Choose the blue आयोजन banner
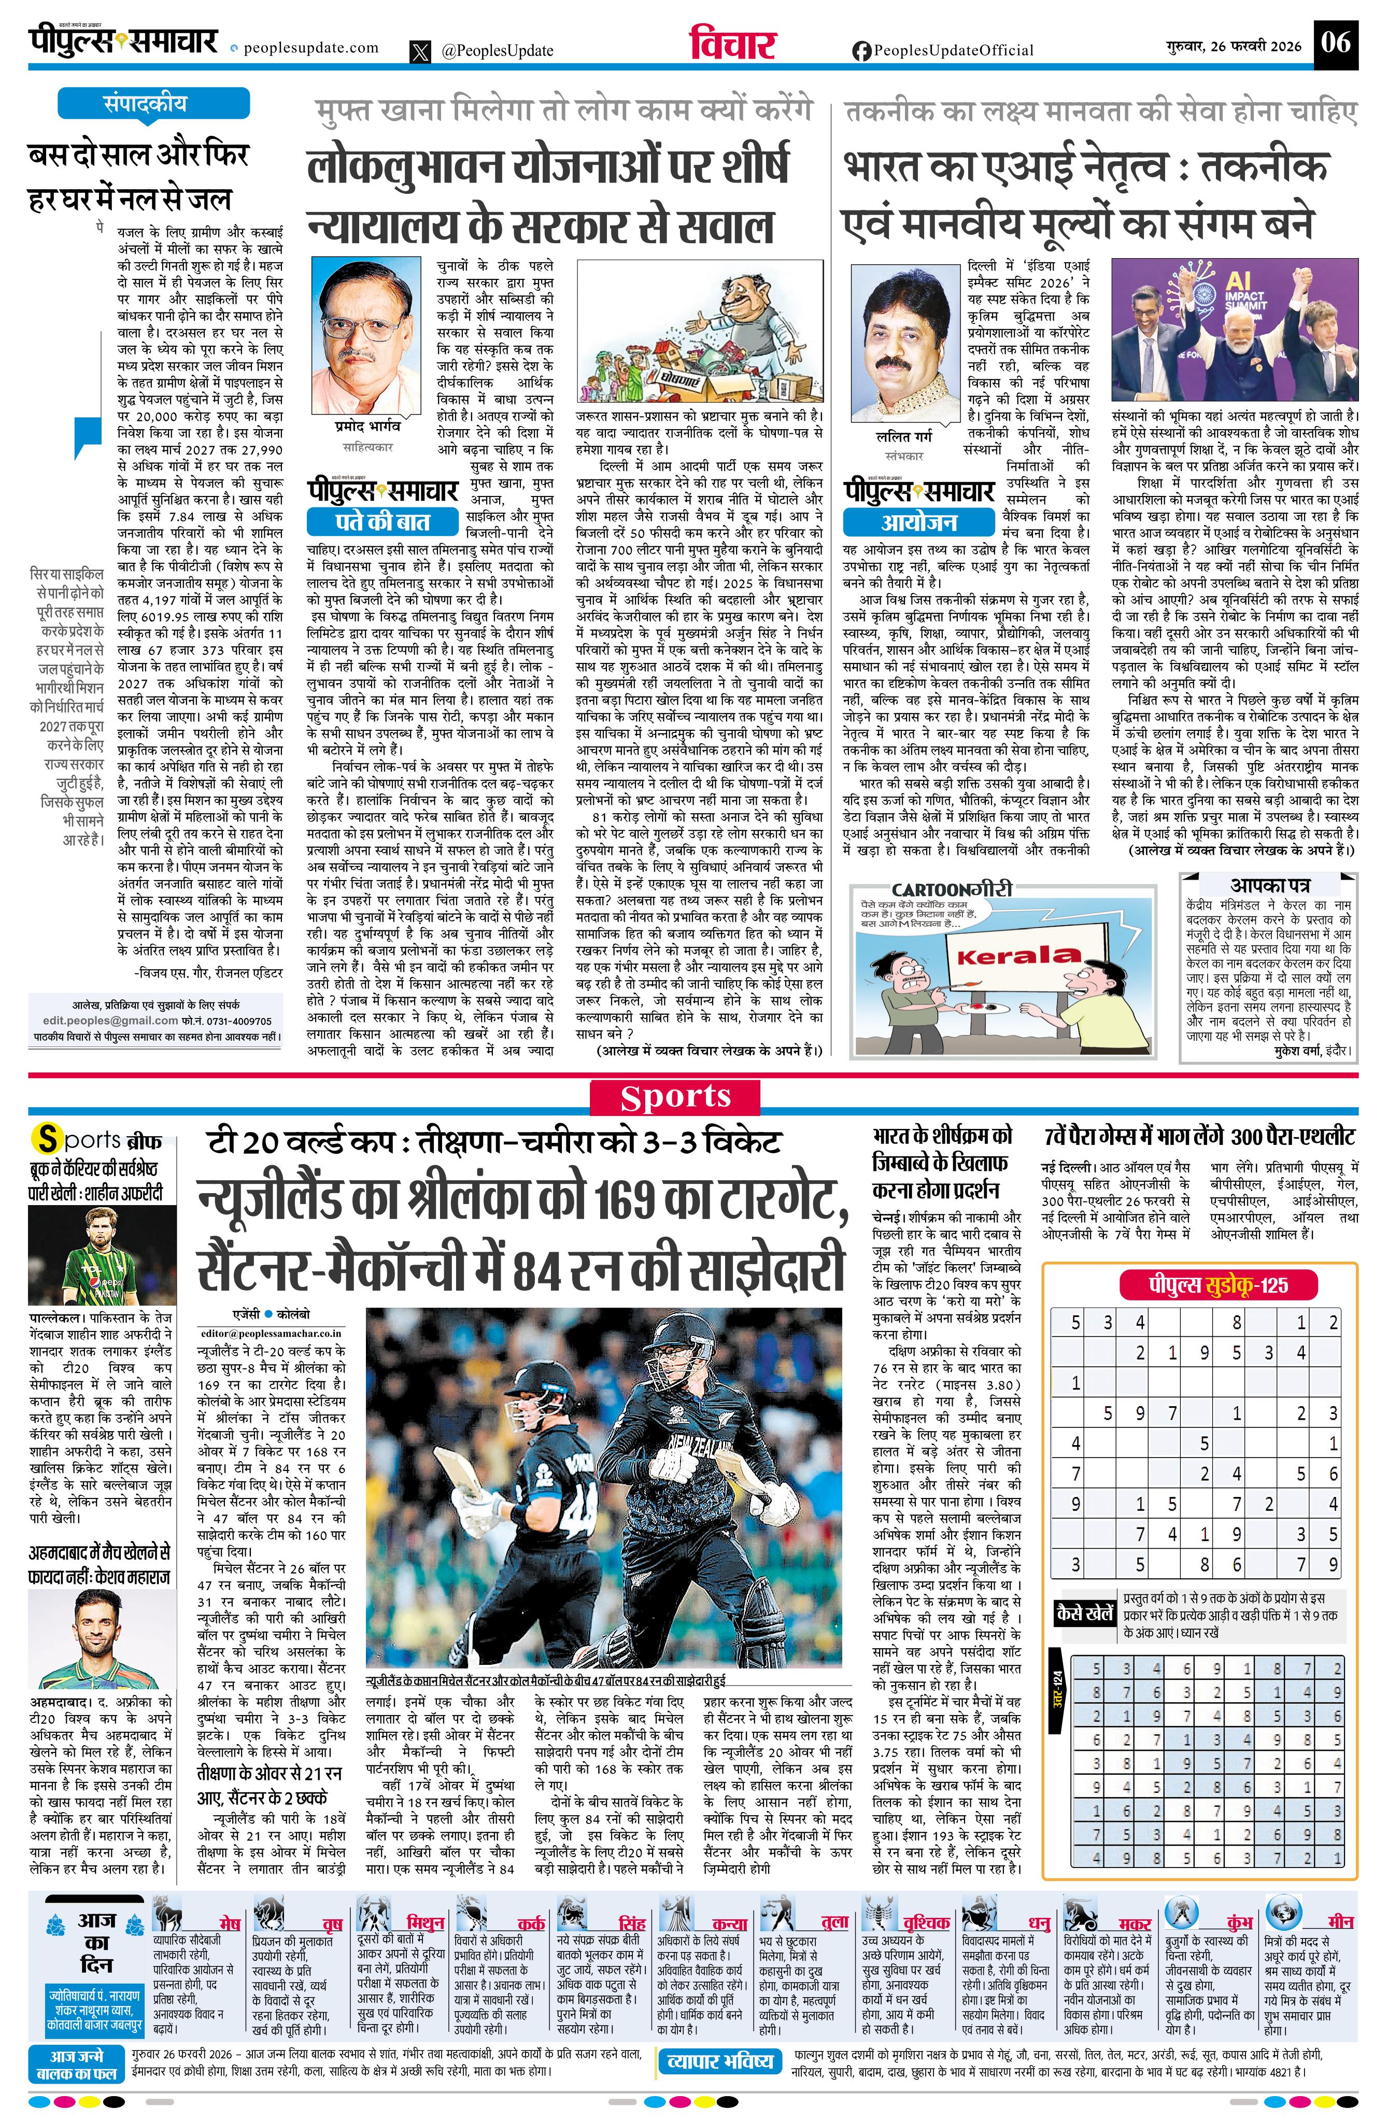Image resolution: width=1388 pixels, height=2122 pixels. pyautogui.click(x=919, y=521)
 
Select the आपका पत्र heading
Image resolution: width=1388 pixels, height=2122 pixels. pyautogui.click(x=1269, y=885)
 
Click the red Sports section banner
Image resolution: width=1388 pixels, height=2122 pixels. pyautogui.click(x=675, y=1097)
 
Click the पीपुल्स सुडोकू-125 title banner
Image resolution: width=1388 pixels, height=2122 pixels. pyautogui.click(x=1217, y=1285)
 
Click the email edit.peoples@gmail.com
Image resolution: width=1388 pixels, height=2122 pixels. pyautogui.click(x=110, y=1020)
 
